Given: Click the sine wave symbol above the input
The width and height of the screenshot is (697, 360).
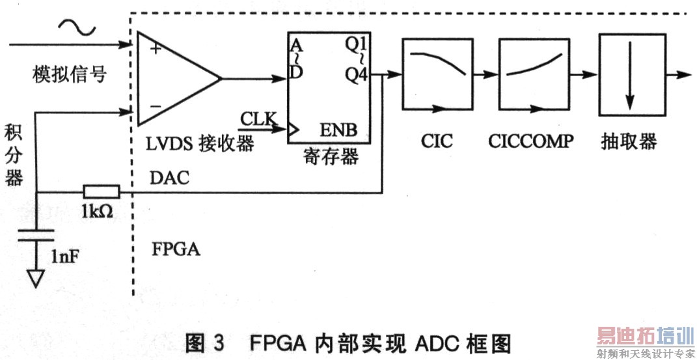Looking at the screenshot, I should (x=77, y=27).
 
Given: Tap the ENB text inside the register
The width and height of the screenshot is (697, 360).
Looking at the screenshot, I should (x=338, y=130).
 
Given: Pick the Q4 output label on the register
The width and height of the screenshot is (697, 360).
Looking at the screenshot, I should (x=357, y=76).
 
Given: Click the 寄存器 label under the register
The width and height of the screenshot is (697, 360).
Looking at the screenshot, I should (x=331, y=157).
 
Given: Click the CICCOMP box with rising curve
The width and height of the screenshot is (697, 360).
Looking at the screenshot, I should (x=532, y=73).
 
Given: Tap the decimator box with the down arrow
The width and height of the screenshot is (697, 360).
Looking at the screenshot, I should (x=629, y=73).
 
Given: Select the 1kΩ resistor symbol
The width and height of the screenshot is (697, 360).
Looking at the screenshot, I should (x=101, y=191).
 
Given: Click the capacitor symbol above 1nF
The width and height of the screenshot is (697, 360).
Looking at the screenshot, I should (x=36, y=234).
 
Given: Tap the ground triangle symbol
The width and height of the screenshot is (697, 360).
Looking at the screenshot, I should (x=36, y=279).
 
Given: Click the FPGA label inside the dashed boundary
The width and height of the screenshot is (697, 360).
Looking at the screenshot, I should (x=176, y=249).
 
